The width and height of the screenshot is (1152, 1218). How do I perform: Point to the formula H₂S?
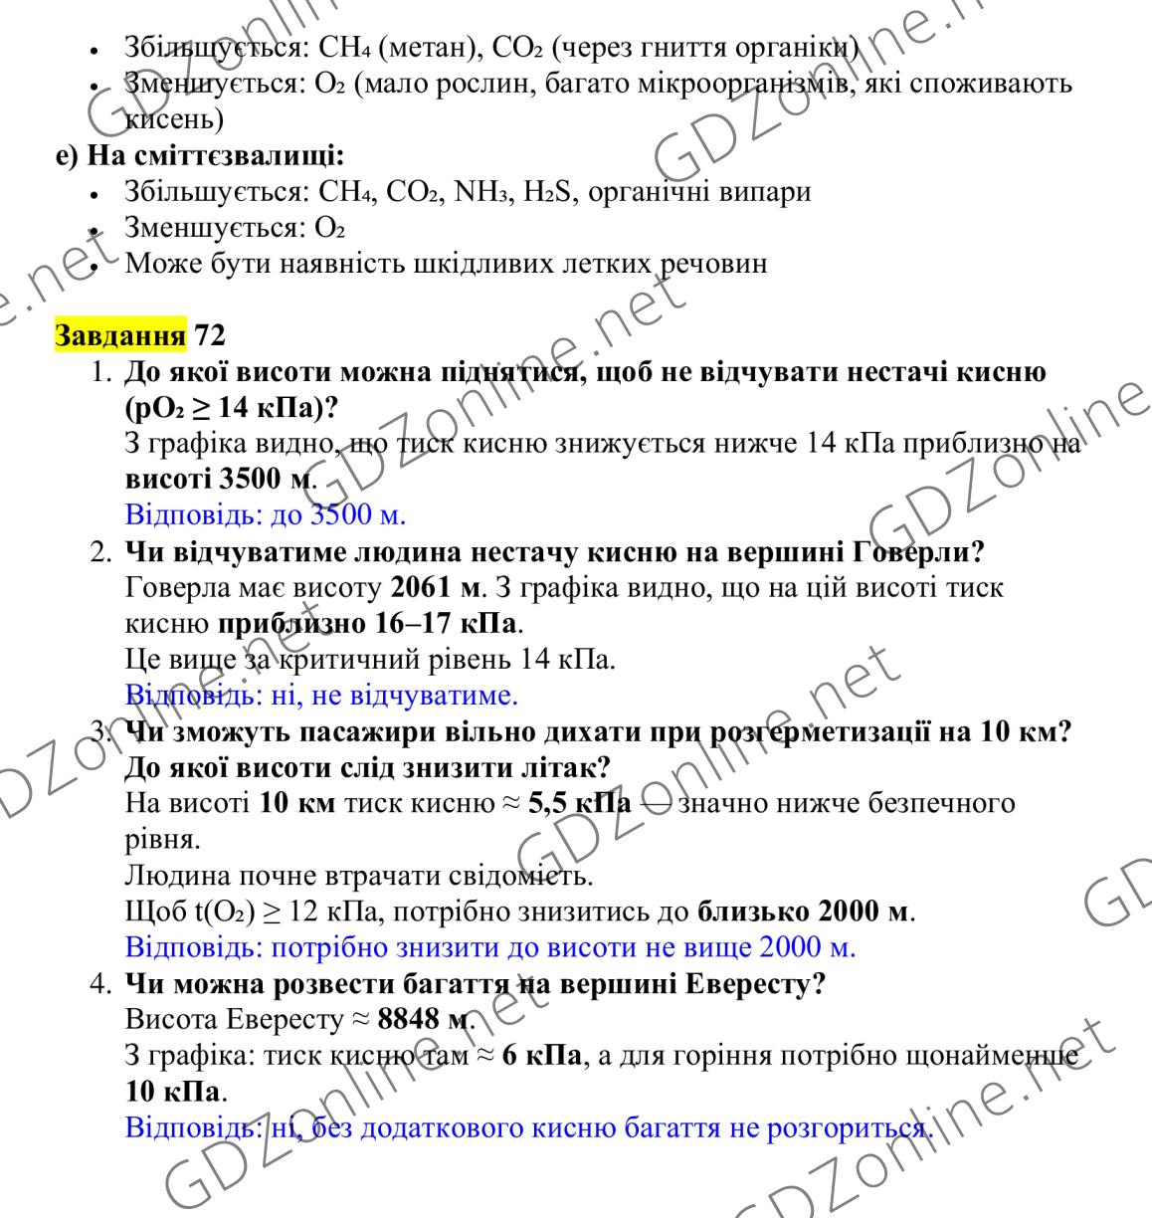click(x=547, y=191)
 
